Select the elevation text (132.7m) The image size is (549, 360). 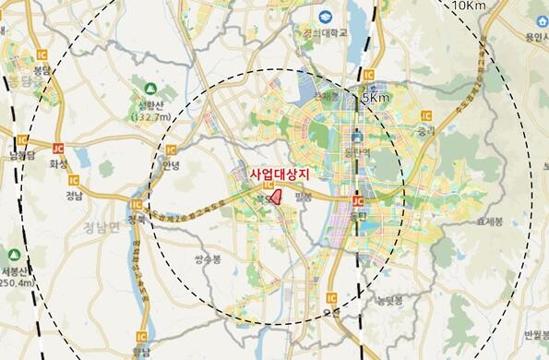point(153,117)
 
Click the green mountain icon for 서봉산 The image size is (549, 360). point(14,254)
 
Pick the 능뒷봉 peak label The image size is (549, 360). point(385,301)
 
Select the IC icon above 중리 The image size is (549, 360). point(425,114)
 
